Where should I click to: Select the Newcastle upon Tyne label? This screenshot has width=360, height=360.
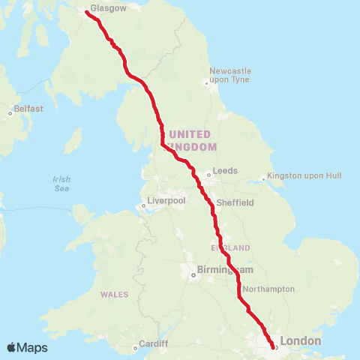(230, 75)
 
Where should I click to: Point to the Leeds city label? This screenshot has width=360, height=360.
(225, 170)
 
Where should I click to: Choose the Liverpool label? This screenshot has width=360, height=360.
(166, 201)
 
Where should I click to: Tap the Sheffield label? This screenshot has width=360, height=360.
(235, 202)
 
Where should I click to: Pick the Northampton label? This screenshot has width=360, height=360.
(269, 289)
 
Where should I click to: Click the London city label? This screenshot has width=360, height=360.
(300, 341)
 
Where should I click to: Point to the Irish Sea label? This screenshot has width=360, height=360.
(61, 184)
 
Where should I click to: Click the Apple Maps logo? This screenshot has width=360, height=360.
(27, 348)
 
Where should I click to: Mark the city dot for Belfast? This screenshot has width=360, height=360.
(10, 113)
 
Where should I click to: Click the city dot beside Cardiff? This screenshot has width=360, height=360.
(136, 347)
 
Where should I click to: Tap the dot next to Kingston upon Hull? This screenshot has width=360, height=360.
(263, 178)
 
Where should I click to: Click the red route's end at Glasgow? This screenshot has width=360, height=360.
(88, 12)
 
